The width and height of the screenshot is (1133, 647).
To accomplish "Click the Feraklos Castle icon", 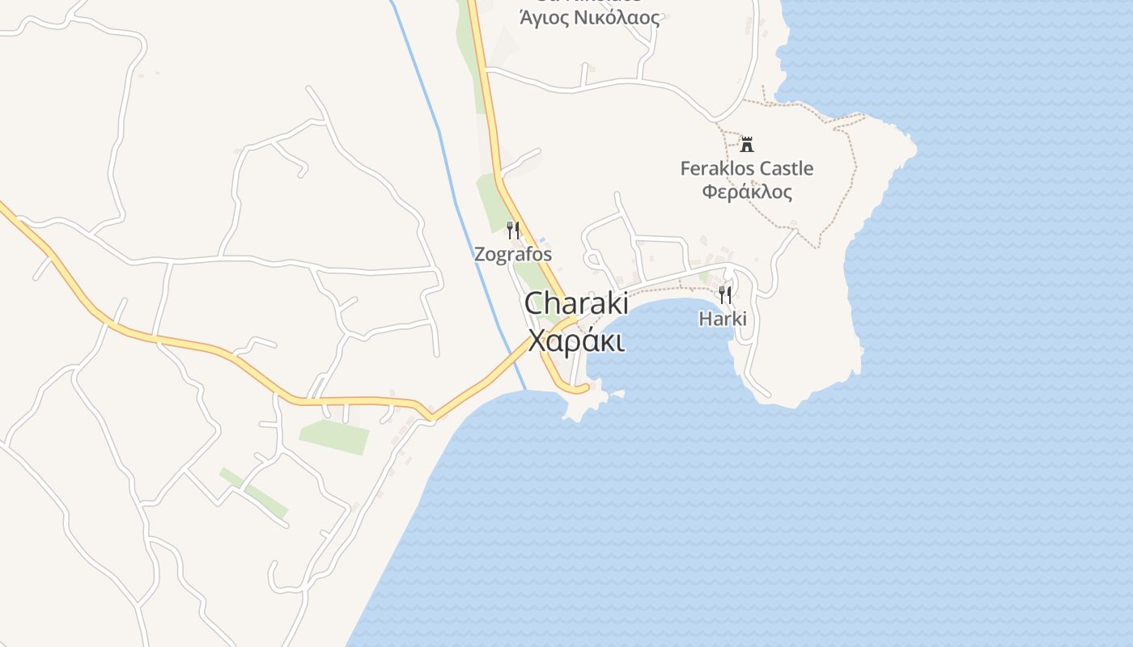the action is [x=746, y=146].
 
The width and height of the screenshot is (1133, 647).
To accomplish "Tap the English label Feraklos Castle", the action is [x=746, y=168].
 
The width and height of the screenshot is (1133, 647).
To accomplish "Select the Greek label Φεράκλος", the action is [x=746, y=192].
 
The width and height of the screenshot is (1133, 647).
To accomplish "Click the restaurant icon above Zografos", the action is [x=513, y=230].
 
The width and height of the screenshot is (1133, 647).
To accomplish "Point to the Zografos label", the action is [x=513, y=254].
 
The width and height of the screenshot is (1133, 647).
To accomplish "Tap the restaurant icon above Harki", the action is [x=724, y=294].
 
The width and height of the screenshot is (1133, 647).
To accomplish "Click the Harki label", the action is [x=723, y=319].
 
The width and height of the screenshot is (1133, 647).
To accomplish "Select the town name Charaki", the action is [x=576, y=303].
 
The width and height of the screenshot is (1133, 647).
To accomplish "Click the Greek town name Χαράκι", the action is [x=576, y=340].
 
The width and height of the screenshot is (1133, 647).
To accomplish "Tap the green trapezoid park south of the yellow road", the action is [x=335, y=436].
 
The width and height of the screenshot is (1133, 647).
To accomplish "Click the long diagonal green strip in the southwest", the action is [x=254, y=491].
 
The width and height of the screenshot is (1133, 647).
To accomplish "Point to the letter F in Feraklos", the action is [x=685, y=168].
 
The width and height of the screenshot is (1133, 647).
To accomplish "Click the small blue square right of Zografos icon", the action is [x=542, y=239].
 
